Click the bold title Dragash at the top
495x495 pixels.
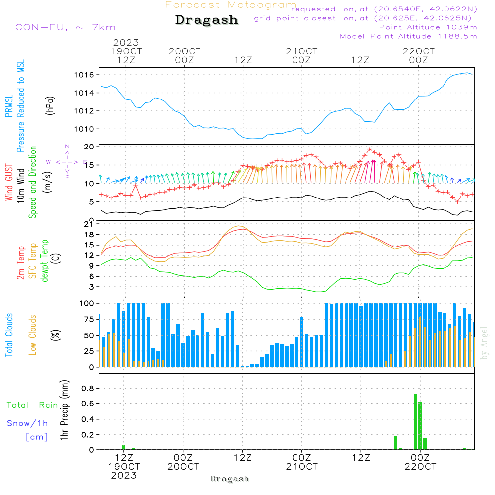pyautogui.click(x=206, y=20)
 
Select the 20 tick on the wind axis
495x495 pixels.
pyautogui.click(x=89, y=147)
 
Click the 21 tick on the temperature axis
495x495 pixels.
pyautogui.click(x=90, y=224)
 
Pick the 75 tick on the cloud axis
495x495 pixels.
pyautogui.click(x=90, y=319)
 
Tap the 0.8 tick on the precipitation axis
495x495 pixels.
pyautogui.click(x=88, y=389)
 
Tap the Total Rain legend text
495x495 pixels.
pyautogui.click(x=33, y=405)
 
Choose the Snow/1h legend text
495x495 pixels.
pyautogui.click(x=27, y=423)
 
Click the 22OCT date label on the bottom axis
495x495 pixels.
pyautogui.click(x=420, y=466)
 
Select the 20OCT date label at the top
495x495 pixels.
pyautogui.click(x=185, y=51)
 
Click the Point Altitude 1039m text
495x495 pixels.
pyautogui.click(x=428, y=27)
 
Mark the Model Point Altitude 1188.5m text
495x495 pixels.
pyautogui.click(x=408, y=36)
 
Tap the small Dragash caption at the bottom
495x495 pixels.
pyautogui.click(x=230, y=479)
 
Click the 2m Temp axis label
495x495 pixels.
pyautogui.click(x=21, y=263)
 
